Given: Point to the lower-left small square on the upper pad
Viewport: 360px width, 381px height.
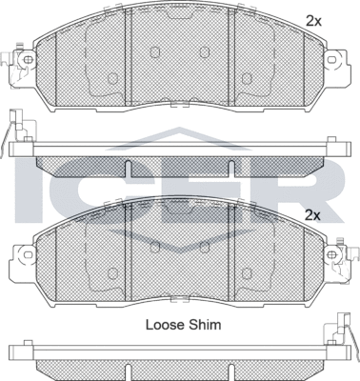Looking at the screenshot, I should click(x=112, y=79).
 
